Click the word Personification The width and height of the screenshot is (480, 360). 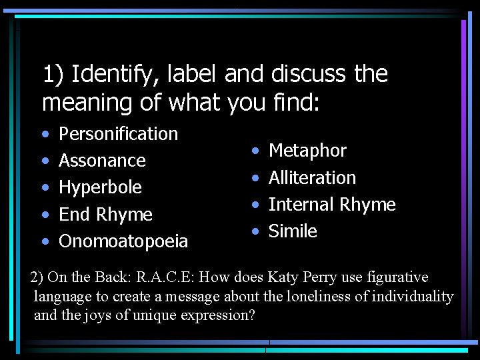(x=118, y=134)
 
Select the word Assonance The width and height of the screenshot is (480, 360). (x=102, y=161)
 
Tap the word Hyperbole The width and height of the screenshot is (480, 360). (x=100, y=187)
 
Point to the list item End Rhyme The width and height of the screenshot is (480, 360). (x=105, y=215)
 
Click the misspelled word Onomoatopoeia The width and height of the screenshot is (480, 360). (x=123, y=241)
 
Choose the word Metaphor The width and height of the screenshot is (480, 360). (x=307, y=151)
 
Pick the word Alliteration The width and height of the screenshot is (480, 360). (x=312, y=178)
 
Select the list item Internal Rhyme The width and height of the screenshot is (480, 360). (x=332, y=205)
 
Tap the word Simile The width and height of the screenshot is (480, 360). (x=293, y=231)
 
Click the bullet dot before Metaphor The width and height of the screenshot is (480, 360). (x=256, y=151)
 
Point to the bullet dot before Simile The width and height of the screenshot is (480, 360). (x=256, y=231)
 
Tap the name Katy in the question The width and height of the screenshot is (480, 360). (x=283, y=277)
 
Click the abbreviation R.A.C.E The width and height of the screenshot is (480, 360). (x=167, y=277)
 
